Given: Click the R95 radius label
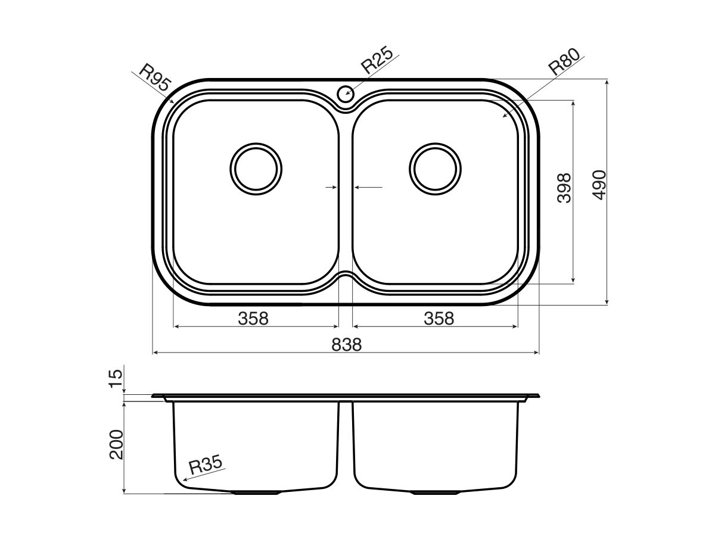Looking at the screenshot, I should [154, 78].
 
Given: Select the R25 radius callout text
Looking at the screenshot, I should [377, 61].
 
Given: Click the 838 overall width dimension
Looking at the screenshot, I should [346, 344].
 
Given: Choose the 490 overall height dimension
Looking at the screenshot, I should [598, 185].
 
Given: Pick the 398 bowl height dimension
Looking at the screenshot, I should [564, 188].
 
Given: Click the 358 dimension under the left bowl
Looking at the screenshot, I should [253, 319].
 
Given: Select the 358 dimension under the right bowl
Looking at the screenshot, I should [439, 319].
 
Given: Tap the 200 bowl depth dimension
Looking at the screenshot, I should [117, 444].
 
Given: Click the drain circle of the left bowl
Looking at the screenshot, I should [255, 169].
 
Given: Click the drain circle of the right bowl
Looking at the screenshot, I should [436, 169].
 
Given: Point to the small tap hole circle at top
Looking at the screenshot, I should [346, 93].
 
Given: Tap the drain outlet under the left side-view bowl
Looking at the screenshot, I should [256, 493].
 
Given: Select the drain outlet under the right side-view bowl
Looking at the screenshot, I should [437, 493].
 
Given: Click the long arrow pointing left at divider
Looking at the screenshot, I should [368, 188].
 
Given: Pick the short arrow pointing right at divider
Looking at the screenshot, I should [331, 188].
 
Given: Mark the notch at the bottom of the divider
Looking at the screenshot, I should [346, 277].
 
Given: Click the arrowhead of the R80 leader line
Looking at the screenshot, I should [505, 116].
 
